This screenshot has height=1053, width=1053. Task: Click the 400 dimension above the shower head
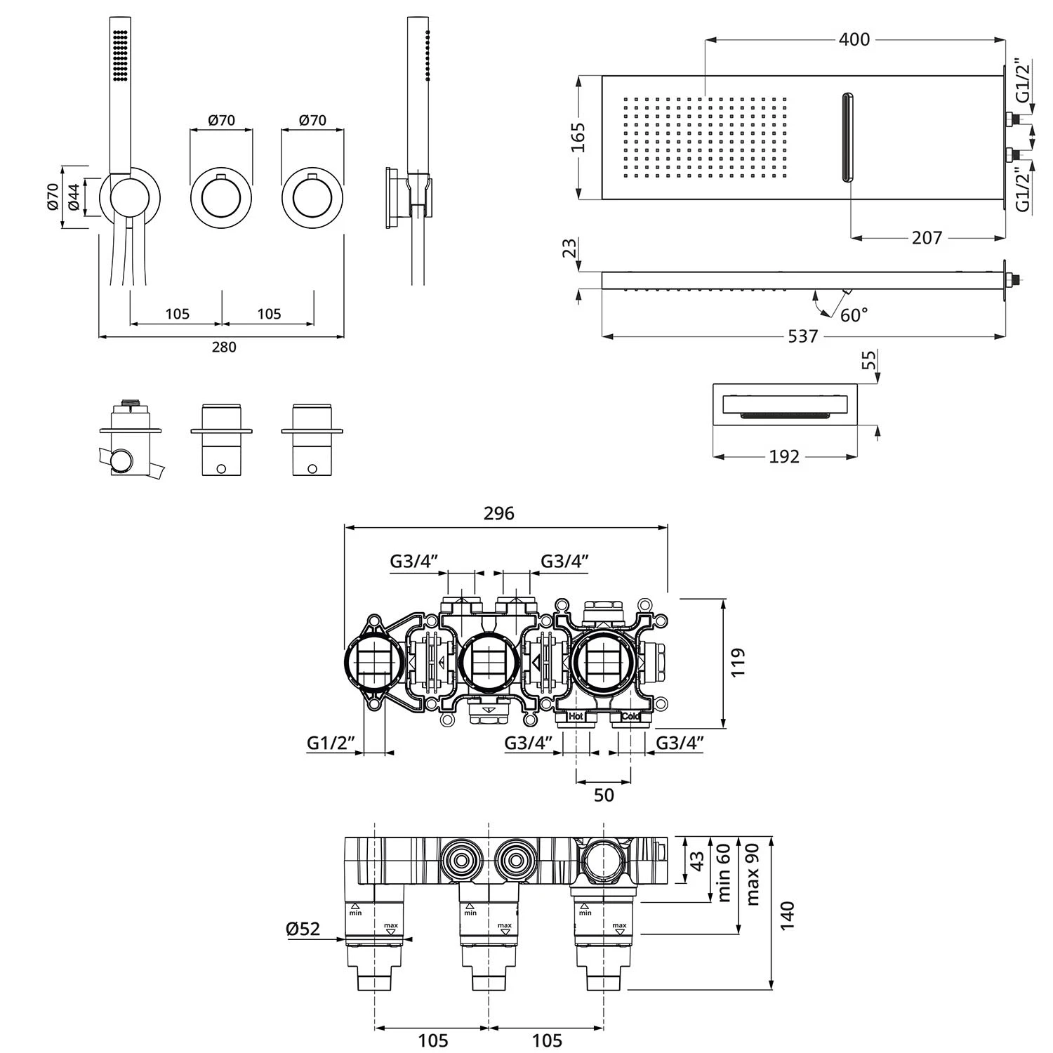(x=854, y=39)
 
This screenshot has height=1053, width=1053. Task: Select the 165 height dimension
(x=578, y=137)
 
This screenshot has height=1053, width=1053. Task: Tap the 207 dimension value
(x=927, y=238)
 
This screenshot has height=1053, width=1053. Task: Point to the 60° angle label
(x=854, y=315)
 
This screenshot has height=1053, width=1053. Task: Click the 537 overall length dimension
(x=802, y=337)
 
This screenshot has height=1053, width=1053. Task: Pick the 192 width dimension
(x=783, y=457)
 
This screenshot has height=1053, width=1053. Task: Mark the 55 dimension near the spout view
(x=869, y=360)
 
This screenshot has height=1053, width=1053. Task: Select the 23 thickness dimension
(x=570, y=248)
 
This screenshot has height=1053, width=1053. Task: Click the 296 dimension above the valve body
(x=498, y=514)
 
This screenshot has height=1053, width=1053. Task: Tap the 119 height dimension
(x=737, y=663)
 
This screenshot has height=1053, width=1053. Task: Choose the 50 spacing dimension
(x=604, y=795)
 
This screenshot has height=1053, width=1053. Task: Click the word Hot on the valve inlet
(x=576, y=716)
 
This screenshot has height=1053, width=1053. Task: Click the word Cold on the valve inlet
(x=630, y=716)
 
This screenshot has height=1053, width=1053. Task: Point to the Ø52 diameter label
(x=303, y=929)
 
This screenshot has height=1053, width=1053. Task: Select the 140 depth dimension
(x=787, y=915)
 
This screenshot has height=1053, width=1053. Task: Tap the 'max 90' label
(x=753, y=873)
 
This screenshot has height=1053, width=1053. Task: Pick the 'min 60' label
(x=724, y=872)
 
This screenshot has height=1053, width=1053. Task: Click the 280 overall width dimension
(x=224, y=347)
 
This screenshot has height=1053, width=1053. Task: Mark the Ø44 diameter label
(x=73, y=197)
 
